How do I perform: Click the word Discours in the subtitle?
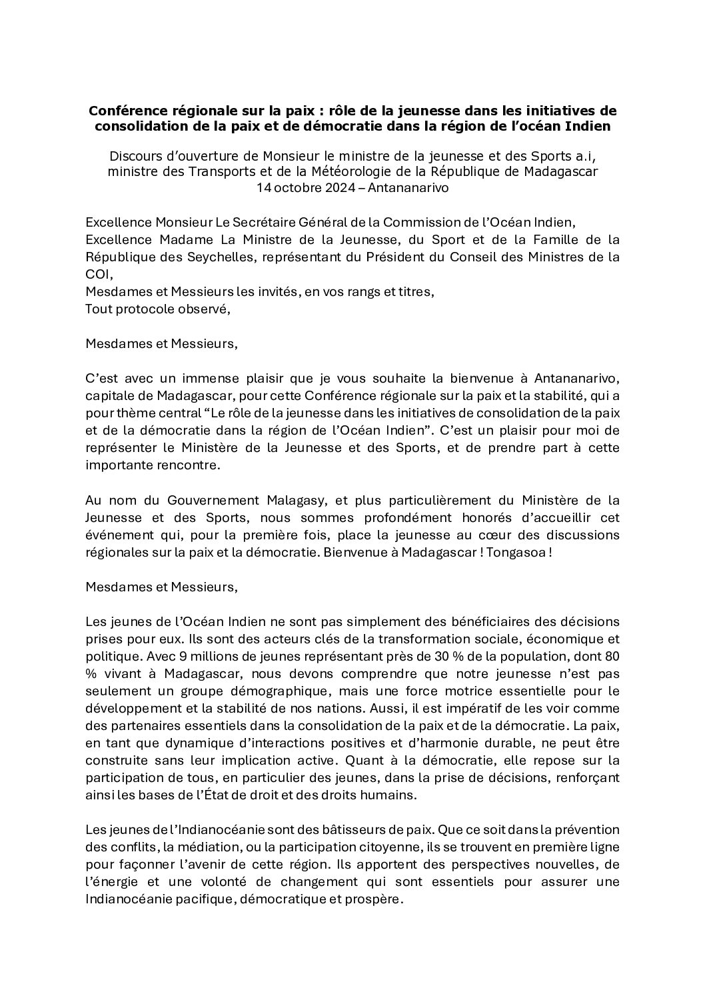click(x=134, y=157)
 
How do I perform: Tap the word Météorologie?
click(x=350, y=172)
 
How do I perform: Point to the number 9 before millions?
click(x=182, y=655)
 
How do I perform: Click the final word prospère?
click(x=378, y=898)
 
